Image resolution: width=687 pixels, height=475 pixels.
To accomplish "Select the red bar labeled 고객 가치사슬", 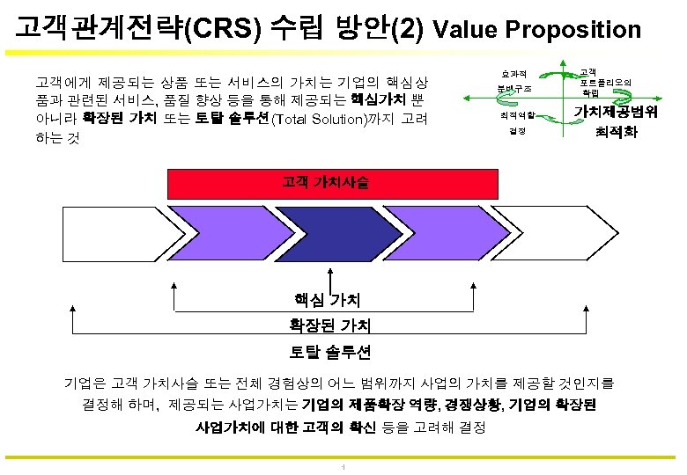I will (x=325, y=184).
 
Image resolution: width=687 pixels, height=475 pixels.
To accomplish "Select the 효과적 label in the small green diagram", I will (x=511, y=74).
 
